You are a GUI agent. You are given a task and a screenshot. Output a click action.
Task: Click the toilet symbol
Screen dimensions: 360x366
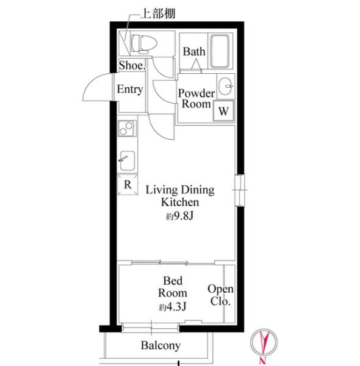[x=143, y=44]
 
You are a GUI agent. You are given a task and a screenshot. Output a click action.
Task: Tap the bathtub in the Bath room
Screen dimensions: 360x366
[x=220, y=51]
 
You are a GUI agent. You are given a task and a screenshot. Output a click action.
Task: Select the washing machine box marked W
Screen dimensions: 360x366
[x=223, y=110]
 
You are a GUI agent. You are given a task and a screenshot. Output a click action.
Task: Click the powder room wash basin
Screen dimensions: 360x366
[x=226, y=87]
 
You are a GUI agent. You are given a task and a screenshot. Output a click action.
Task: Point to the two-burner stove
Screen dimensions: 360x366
[x=127, y=128]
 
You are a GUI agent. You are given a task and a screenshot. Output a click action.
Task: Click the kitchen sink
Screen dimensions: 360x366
[x=128, y=160]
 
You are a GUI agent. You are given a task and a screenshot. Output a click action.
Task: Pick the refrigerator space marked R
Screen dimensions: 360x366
[x=128, y=184]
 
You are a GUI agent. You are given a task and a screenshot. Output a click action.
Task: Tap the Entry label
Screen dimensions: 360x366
[x=130, y=90]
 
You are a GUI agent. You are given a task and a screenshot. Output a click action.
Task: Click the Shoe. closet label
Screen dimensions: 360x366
[x=132, y=65]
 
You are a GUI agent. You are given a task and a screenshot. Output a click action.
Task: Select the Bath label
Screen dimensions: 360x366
[x=194, y=52]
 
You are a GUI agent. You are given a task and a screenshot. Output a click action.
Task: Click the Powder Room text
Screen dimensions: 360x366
[x=196, y=98]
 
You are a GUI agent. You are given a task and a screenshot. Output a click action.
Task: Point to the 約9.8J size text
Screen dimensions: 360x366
[x=180, y=217]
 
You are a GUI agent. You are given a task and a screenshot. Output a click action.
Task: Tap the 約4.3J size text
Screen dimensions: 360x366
[x=173, y=307]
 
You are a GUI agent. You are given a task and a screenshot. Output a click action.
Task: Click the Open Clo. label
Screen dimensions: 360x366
[x=220, y=295]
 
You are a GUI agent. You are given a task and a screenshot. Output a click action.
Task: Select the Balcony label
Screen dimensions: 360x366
[x=160, y=346]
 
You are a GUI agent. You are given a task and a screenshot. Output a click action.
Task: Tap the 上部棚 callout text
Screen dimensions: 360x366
[x=158, y=14]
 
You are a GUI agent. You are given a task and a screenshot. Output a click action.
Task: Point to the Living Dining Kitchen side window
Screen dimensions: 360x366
[x=240, y=190]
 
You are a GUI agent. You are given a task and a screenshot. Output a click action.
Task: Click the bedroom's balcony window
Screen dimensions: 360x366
[x=151, y=328]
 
